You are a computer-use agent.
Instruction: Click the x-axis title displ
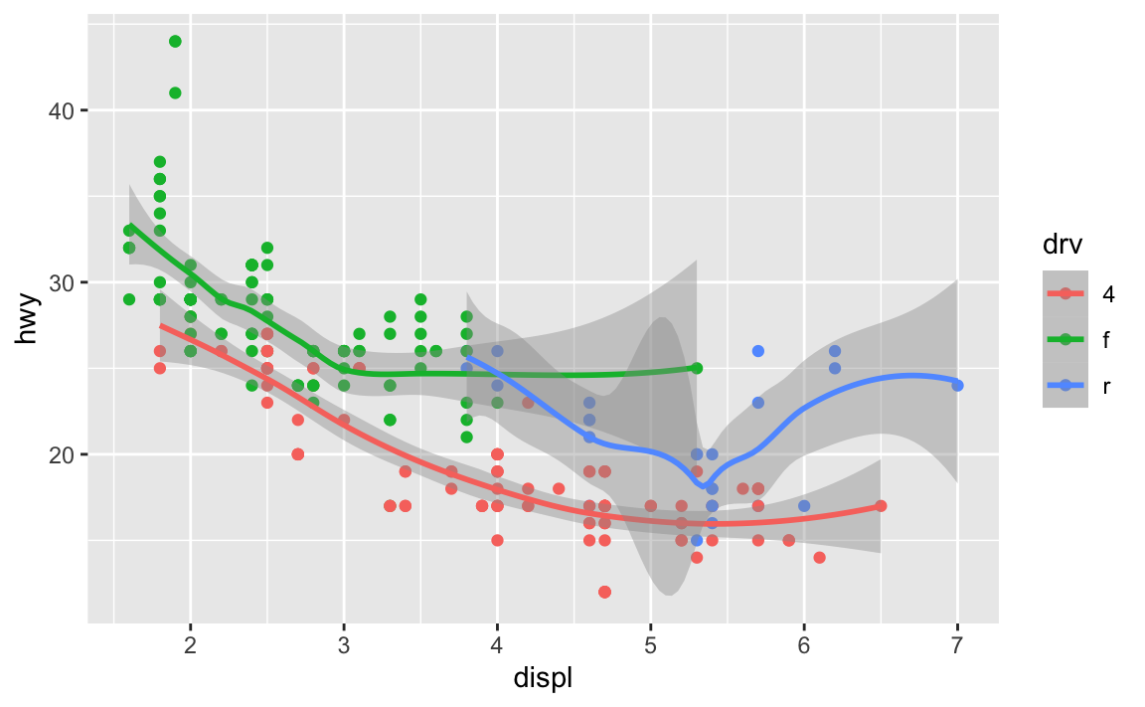[x=543, y=679]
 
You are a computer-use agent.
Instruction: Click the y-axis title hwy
[x=29, y=317]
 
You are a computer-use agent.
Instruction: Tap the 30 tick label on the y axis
[x=62, y=282]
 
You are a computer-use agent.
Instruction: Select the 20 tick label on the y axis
[x=62, y=454]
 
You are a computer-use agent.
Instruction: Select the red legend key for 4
[x=1065, y=293]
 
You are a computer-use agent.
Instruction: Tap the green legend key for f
[x=1065, y=339]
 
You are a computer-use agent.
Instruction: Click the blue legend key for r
[x=1065, y=385]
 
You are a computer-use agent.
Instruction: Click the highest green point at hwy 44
[x=175, y=41]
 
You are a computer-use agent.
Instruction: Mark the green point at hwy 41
[x=175, y=92]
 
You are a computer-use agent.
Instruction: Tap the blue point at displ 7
[x=957, y=385]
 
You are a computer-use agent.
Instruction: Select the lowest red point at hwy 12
[x=604, y=592]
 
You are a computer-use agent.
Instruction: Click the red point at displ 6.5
[x=881, y=506]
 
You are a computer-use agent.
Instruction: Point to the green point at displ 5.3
[x=697, y=368]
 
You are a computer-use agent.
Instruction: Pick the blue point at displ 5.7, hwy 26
[x=758, y=351]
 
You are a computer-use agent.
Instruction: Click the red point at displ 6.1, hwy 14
[x=819, y=558]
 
